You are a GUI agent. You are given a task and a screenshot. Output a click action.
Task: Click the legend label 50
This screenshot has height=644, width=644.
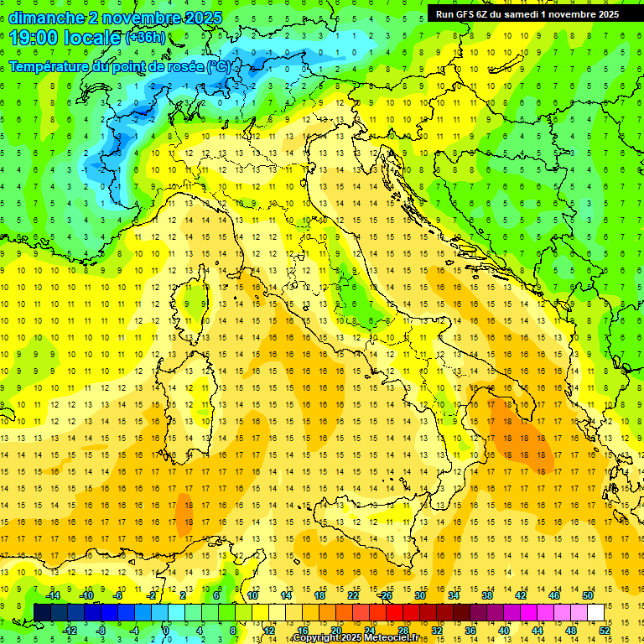point(588,595)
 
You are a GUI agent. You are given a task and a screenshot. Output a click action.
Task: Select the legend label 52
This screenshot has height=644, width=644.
point(605,630)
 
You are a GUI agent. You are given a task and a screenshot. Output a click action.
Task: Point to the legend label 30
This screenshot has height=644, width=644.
point(420,595)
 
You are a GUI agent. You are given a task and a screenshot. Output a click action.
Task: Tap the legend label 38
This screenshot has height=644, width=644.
point(487,595)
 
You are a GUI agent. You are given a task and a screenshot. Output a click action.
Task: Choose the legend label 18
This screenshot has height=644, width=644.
point(319,595)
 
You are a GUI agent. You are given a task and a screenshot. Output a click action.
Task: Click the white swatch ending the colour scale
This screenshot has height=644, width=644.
point(596,612)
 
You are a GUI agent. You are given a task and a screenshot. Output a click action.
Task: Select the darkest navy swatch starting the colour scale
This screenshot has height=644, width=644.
point(43,612)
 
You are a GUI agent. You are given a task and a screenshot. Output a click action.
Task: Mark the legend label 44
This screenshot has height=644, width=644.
point(538,630)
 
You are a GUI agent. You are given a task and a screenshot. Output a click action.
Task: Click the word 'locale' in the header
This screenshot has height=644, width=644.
point(97,38)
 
